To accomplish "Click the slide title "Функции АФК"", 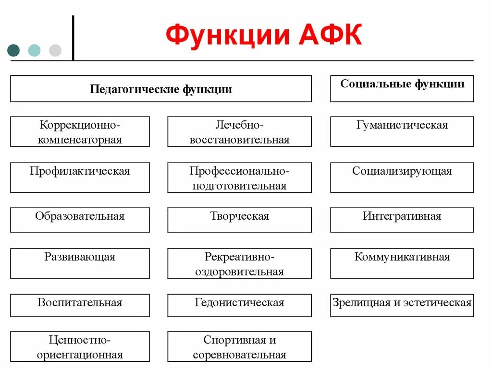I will coord(264,36).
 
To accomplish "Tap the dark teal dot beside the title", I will coord(14,50).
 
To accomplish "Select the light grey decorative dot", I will coord(55,50).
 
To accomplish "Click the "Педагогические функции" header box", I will coord(160,89).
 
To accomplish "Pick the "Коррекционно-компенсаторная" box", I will coord(80,131).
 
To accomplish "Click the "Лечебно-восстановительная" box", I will coord(239,131).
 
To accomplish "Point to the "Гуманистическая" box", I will coord(402,131).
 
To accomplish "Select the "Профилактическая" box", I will coord(80,178).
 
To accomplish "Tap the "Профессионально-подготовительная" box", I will coord(239,178).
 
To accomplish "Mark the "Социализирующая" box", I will coord(402,178).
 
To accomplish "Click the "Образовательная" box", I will coord(80,220).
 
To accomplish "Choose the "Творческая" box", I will coord(239,220).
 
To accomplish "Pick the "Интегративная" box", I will coord(402,220).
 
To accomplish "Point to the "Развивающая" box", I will coord(80,263).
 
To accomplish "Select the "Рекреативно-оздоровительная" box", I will coord(239,263).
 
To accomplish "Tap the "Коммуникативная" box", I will coord(402,263).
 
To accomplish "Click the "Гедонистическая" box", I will coord(239,305).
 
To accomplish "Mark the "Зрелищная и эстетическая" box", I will coord(402,305).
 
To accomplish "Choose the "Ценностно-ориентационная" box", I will coord(80,346).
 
